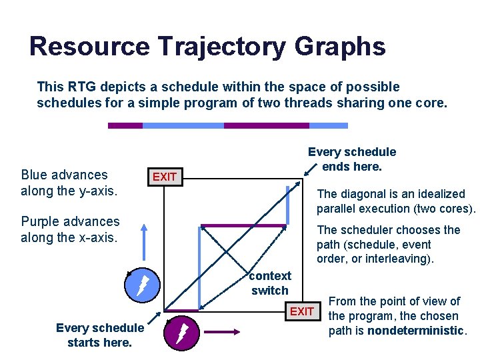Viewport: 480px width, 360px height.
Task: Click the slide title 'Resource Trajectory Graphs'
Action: pyautogui.click(x=207, y=47)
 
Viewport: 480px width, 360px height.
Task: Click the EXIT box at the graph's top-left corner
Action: pyautogui.click(x=165, y=177)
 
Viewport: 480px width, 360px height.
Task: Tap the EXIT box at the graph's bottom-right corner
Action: pyautogui.click(x=301, y=311)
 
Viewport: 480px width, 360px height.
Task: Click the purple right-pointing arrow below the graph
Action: pyautogui.click(x=225, y=331)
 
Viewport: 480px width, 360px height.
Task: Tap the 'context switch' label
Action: pyautogui.click(x=270, y=283)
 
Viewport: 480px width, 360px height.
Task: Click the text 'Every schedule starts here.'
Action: pyautogui.click(x=99, y=335)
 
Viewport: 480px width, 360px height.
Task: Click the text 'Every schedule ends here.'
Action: pyautogui.click(x=351, y=159)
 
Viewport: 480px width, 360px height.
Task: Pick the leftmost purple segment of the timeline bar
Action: pyautogui.click(x=125, y=125)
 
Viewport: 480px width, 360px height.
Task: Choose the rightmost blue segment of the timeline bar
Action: pyautogui.click(x=329, y=125)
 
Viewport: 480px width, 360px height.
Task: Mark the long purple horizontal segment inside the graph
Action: pyautogui.click(x=243, y=225)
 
